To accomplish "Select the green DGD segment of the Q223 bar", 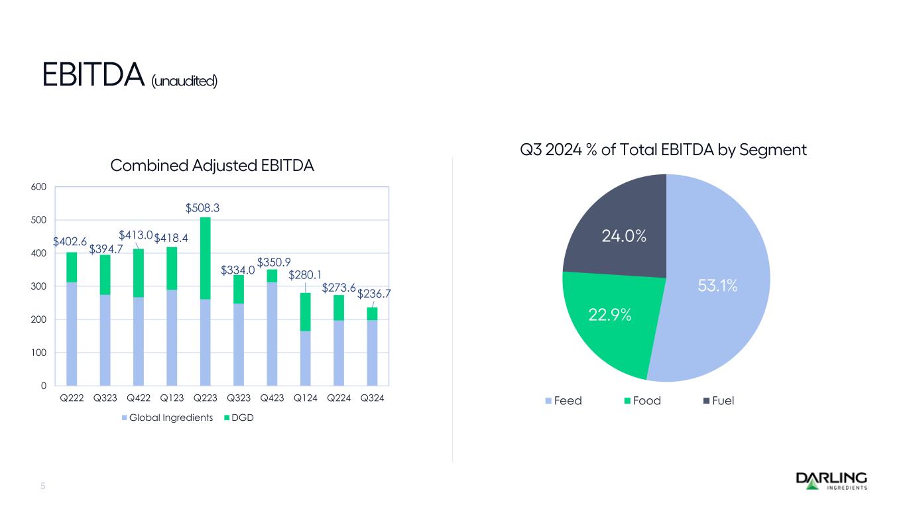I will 205,258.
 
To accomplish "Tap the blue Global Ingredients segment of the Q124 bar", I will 306,358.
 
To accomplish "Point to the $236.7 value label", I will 373,293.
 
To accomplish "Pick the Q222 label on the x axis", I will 72,399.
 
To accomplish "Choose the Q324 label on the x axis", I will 372,399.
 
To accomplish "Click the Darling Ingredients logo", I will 831,481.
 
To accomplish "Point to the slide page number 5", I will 43,486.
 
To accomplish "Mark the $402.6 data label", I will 69,243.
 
